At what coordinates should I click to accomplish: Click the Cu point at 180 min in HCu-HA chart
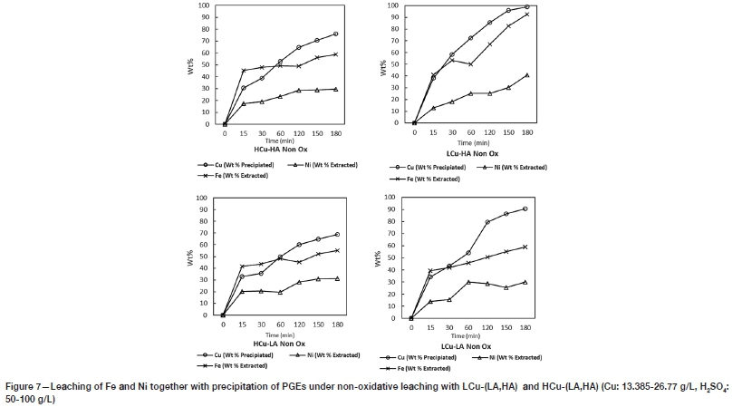(336, 34)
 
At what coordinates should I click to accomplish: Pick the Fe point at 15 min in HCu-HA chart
(244, 70)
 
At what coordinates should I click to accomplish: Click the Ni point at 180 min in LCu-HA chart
(526, 74)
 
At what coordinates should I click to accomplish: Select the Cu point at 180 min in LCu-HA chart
(526, 6)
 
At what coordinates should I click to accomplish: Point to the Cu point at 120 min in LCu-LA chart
(487, 222)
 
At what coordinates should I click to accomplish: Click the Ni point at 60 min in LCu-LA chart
(467, 282)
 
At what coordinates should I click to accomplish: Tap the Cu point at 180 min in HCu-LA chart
(336, 234)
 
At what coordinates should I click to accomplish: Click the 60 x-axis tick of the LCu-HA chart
(470, 132)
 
